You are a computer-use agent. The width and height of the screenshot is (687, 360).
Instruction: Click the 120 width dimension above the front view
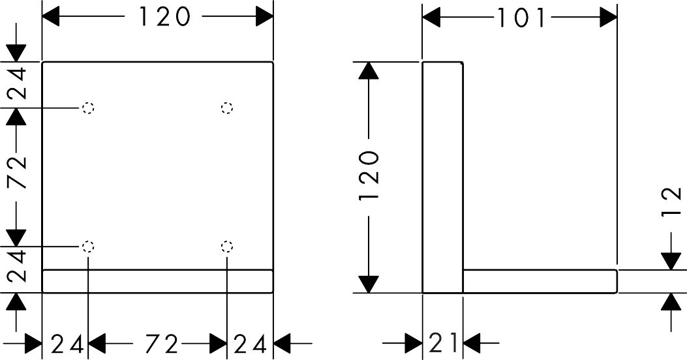click(164, 16)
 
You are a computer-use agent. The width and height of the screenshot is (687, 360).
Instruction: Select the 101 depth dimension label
click(521, 18)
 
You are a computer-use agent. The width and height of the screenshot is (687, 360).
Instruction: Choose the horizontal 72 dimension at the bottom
click(158, 342)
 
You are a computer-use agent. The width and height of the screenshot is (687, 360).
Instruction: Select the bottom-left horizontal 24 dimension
click(67, 342)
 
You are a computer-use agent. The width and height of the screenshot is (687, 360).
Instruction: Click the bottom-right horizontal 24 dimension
click(250, 342)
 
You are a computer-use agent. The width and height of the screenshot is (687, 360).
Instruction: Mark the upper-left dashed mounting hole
click(88, 108)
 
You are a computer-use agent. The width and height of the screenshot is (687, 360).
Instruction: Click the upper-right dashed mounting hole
click(227, 108)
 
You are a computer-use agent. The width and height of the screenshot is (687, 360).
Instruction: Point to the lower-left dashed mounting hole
click(88, 247)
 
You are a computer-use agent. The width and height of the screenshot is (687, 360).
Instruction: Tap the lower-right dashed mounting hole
click(227, 247)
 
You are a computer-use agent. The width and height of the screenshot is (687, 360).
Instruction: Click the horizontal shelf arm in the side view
click(540, 281)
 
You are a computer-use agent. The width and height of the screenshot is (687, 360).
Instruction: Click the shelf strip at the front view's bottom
click(157, 281)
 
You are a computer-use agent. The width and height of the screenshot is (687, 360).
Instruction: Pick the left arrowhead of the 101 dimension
click(432, 18)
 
